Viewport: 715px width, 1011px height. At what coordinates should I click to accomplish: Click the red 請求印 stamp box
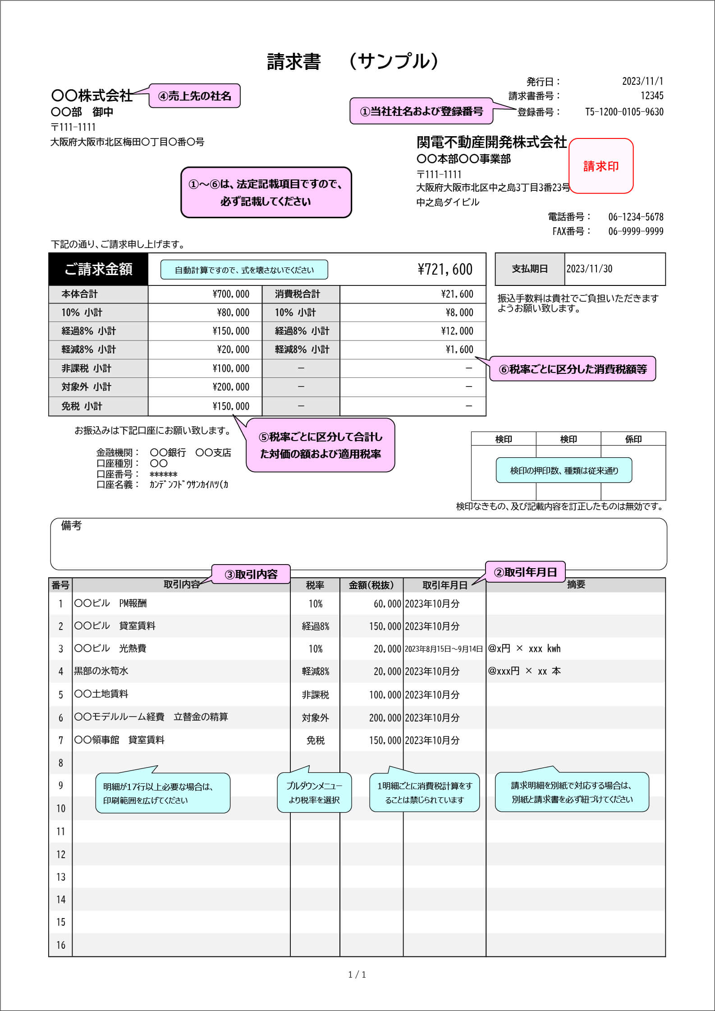tap(601, 166)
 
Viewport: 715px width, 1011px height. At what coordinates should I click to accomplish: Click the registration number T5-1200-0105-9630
tap(624, 112)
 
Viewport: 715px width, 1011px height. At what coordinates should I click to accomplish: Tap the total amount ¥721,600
tap(445, 269)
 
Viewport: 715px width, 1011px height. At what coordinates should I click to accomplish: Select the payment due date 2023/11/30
tap(589, 269)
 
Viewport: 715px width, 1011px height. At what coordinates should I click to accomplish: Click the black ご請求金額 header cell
tap(98, 269)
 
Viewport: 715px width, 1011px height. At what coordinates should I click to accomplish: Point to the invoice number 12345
tap(652, 96)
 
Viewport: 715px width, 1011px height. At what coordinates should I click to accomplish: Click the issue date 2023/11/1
tap(642, 81)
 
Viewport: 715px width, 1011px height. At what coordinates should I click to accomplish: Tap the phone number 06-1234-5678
tap(636, 217)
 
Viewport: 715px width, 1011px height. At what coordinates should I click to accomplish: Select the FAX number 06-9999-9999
tap(636, 231)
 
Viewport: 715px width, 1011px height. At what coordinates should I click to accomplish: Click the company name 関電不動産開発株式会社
tap(491, 142)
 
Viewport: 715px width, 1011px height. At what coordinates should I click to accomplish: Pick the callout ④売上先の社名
tap(194, 96)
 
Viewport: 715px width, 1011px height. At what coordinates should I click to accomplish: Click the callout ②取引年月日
tap(525, 572)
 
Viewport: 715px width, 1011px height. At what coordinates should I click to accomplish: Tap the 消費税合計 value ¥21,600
tap(457, 294)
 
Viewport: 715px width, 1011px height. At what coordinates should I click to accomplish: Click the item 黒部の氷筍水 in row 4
tap(101, 671)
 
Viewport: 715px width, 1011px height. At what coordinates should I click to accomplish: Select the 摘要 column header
tap(576, 584)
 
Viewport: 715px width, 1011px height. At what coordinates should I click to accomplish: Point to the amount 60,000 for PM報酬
tap(387, 604)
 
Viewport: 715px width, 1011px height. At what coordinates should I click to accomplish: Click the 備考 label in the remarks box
tap(71, 525)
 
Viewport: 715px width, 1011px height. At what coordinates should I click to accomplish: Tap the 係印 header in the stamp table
tap(633, 439)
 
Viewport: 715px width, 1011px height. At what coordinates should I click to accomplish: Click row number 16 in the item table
tap(61, 945)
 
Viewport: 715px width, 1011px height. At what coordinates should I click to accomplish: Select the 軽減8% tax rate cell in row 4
tap(315, 671)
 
